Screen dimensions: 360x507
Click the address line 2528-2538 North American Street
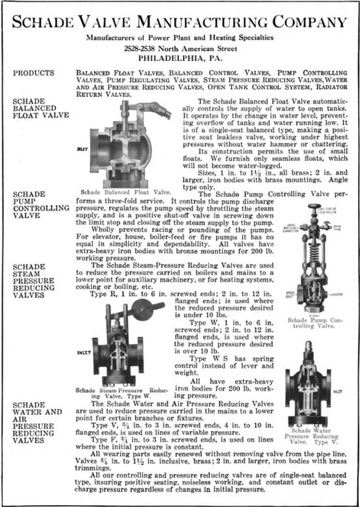[x=180, y=48]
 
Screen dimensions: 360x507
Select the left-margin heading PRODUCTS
[x=32, y=73]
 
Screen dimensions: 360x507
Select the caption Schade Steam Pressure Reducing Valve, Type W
[x=122, y=393]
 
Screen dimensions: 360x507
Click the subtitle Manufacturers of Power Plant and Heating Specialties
[x=180, y=38]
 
